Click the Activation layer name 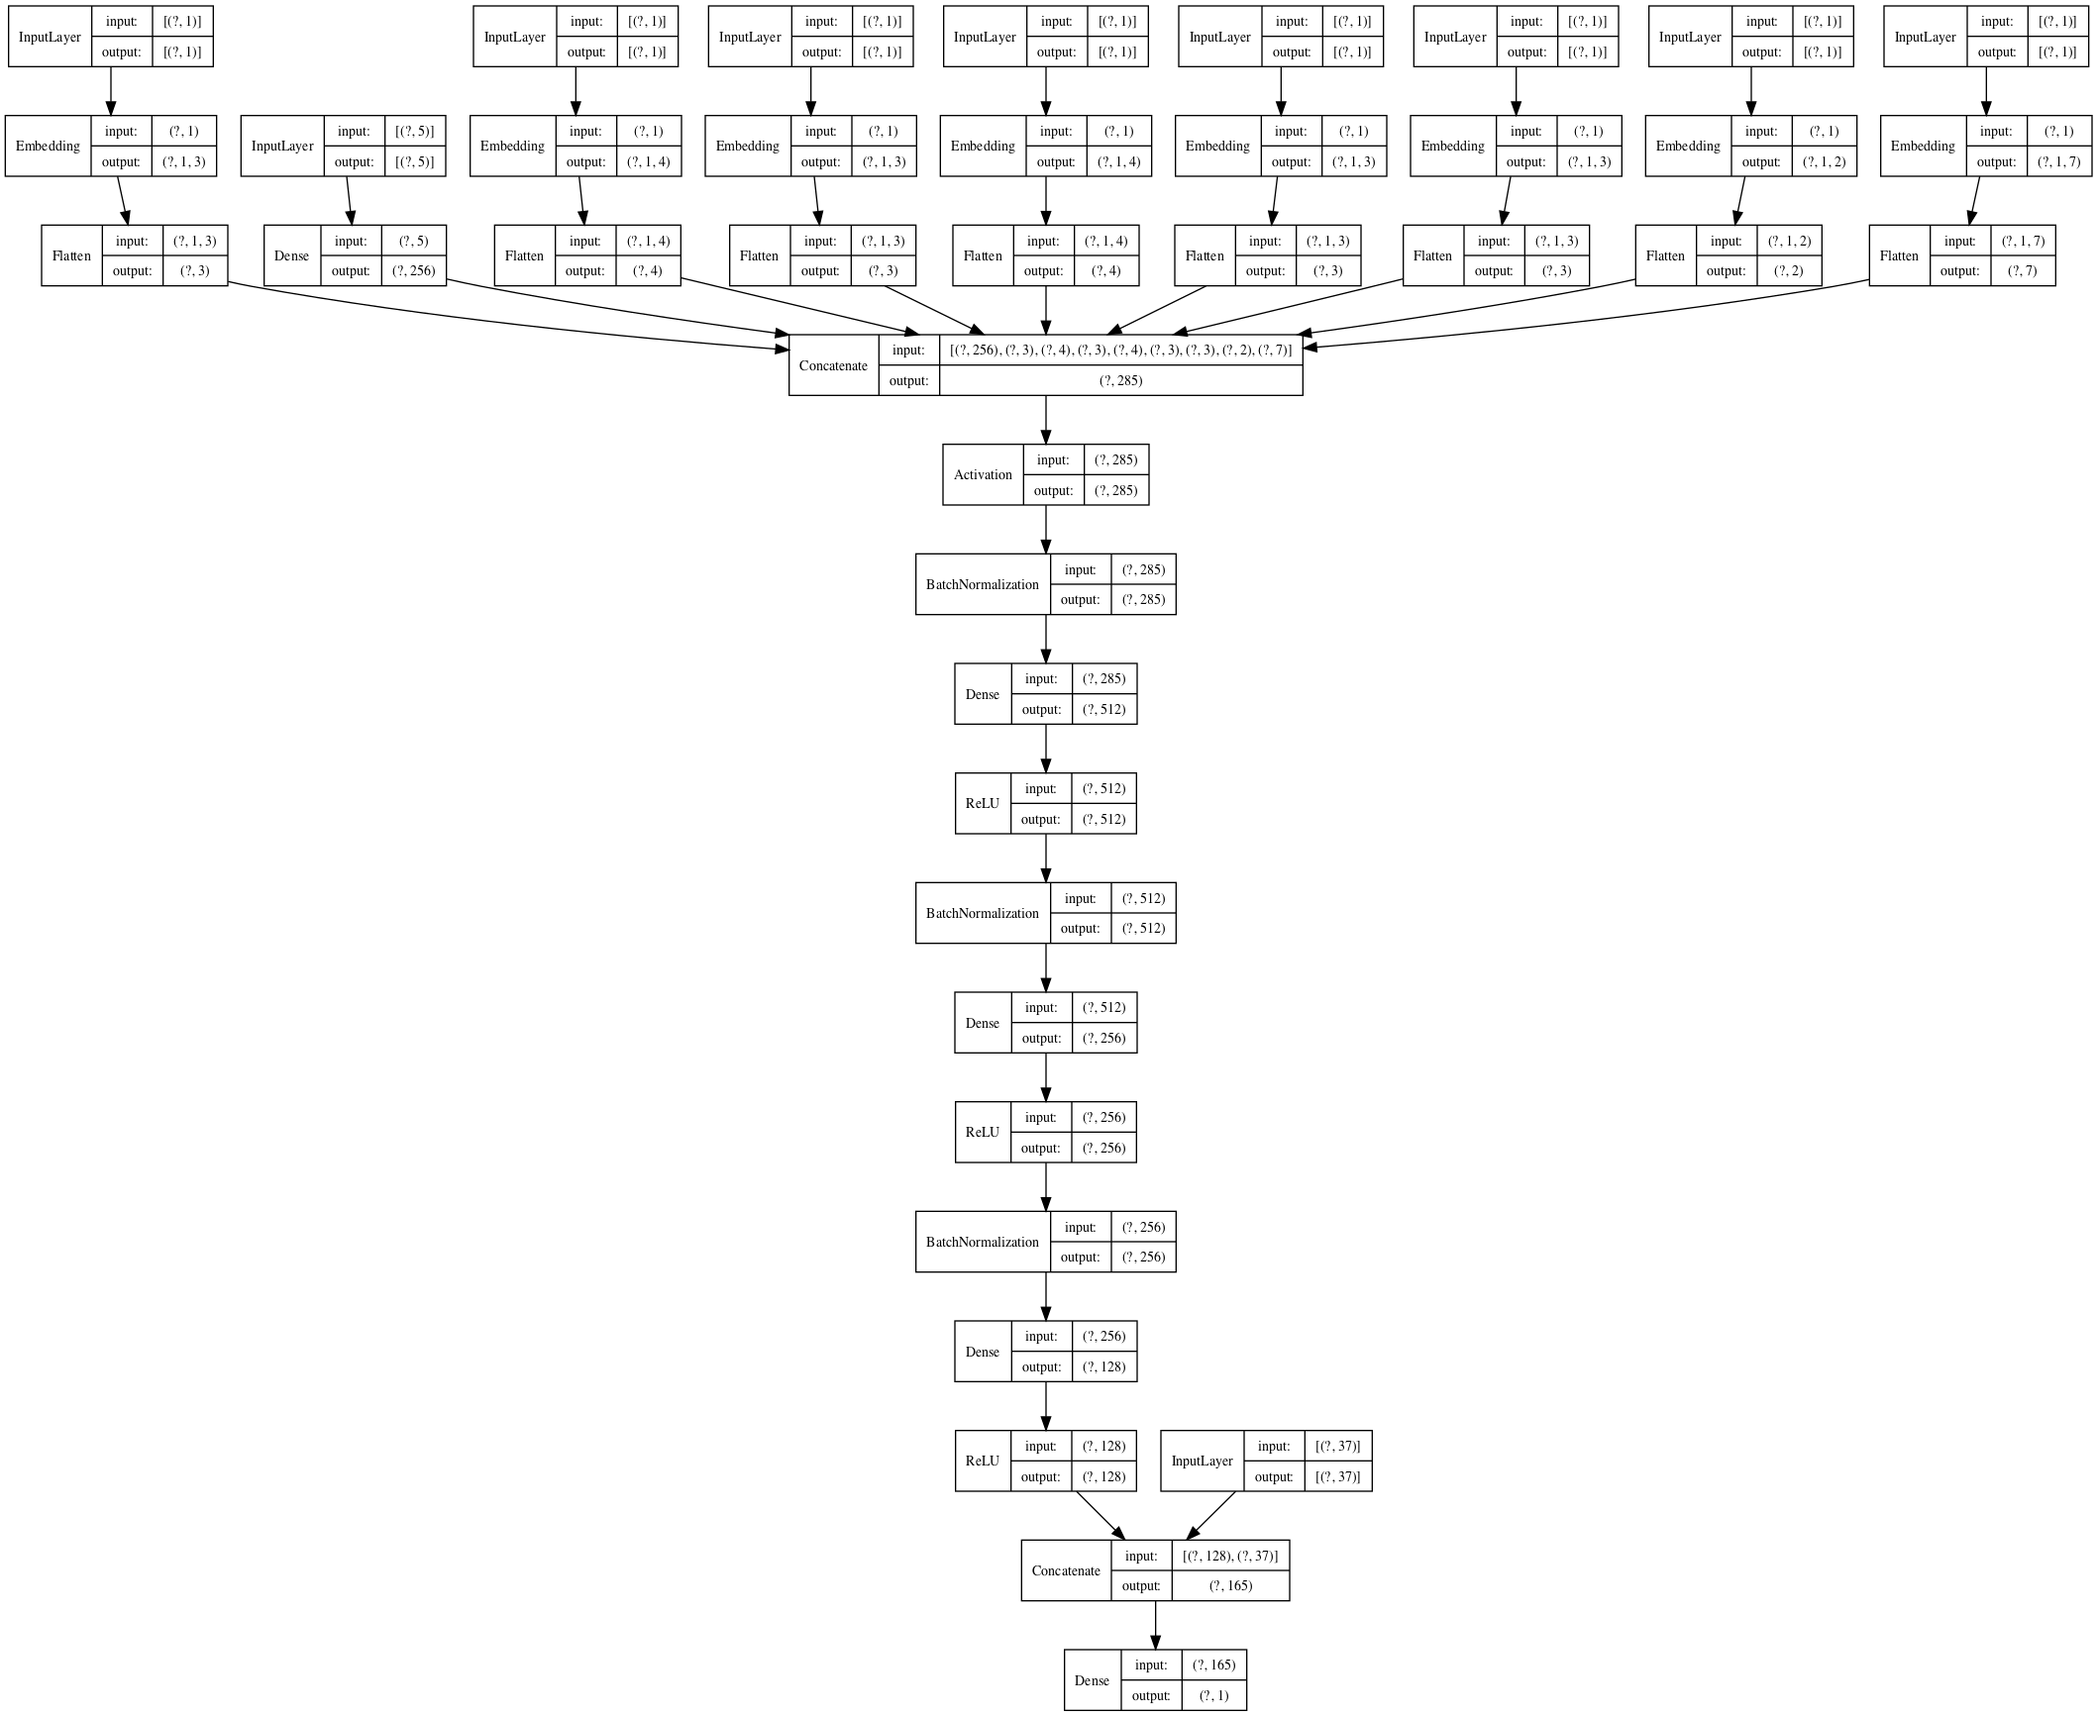pos(983,475)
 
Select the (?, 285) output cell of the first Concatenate pos(1120,381)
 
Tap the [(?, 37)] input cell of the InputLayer pos(1337,1447)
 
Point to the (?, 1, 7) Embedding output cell pos(2059,162)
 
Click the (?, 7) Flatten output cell pos(2022,271)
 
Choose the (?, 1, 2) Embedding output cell pos(1824,162)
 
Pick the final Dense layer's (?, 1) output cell pos(1213,1696)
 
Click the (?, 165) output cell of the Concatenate pos(1230,1586)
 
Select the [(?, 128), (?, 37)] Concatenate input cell pos(1230,1557)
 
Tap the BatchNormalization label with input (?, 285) pos(983,585)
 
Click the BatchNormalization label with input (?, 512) pos(983,914)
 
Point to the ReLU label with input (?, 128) pos(983,1462)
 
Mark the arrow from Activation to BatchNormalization pos(1046,530)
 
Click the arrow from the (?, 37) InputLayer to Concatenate pos(1210,1516)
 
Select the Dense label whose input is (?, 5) pos(291,256)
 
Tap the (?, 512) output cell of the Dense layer pos(1103,710)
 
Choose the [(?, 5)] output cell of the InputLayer pos(414,162)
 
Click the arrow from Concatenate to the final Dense pos(1155,1625)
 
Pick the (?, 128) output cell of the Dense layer pos(1103,1367)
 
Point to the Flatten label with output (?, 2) pos(1665,256)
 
